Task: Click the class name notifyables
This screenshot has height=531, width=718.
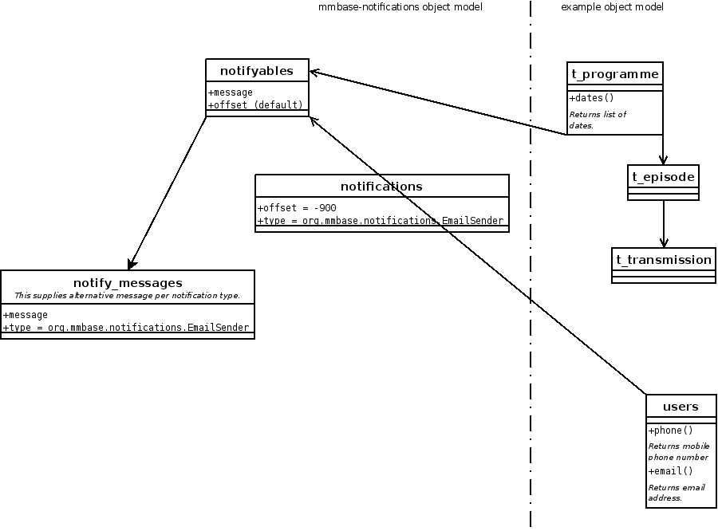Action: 256,71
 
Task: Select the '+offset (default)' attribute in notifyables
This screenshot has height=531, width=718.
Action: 255,105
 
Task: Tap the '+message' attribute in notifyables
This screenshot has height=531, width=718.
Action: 231,92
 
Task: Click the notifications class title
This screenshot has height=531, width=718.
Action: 381,187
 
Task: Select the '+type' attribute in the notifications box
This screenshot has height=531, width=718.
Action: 380,221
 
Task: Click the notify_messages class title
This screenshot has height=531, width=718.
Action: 128,283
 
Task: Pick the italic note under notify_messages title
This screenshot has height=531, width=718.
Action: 128,296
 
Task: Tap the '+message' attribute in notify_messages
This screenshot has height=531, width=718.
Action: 26,315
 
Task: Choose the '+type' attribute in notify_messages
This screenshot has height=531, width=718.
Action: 126,328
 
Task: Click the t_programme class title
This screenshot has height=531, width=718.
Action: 615,74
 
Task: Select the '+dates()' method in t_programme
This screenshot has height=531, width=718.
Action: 591,98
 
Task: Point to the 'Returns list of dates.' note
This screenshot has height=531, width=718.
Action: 598,120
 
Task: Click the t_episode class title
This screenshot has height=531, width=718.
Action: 663,176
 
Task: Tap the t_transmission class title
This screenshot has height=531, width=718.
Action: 663,260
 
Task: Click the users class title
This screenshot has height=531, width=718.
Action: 681,407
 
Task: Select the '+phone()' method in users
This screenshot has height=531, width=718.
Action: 670,431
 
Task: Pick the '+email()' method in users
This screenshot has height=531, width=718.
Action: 670,471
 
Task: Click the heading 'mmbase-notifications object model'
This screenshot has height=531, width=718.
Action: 400,7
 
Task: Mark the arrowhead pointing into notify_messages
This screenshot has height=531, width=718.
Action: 131,265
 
